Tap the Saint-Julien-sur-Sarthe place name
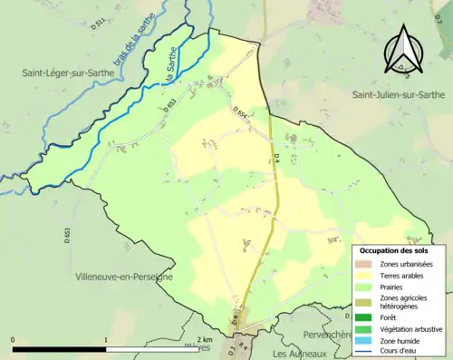(398, 94)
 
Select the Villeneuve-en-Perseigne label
(124, 277)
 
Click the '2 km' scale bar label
(204, 340)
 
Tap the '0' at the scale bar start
(13, 340)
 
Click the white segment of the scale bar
(153, 349)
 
